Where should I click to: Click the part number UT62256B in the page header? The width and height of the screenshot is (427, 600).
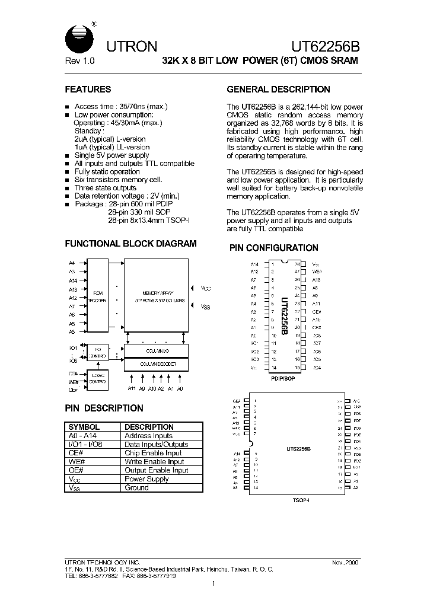pyautogui.click(x=324, y=46)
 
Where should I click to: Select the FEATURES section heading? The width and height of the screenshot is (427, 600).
pyautogui.click(x=88, y=90)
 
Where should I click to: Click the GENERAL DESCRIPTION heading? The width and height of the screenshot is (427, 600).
pyautogui.click(x=279, y=90)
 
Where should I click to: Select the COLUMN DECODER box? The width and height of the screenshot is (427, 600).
pyautogui.click(x=155, y=364)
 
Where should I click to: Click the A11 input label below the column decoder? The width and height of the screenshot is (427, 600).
pyautogui.click(x=131, y=389)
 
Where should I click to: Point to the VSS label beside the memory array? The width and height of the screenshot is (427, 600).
pyautogui.click(x=205, y=307)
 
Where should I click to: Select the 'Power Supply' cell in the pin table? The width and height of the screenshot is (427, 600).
pyautogui.click(x=147, y=478)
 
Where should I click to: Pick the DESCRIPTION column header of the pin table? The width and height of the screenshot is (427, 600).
pyautogui.click(x=149, y=427)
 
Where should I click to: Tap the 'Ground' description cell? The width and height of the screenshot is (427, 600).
pyautogui.click(x=136, y=487)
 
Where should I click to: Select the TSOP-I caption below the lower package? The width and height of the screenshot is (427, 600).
pyautogui.click(x=301, y=501)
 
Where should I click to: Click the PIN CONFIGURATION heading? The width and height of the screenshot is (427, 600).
pyautogui.click(x=274, y=248)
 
